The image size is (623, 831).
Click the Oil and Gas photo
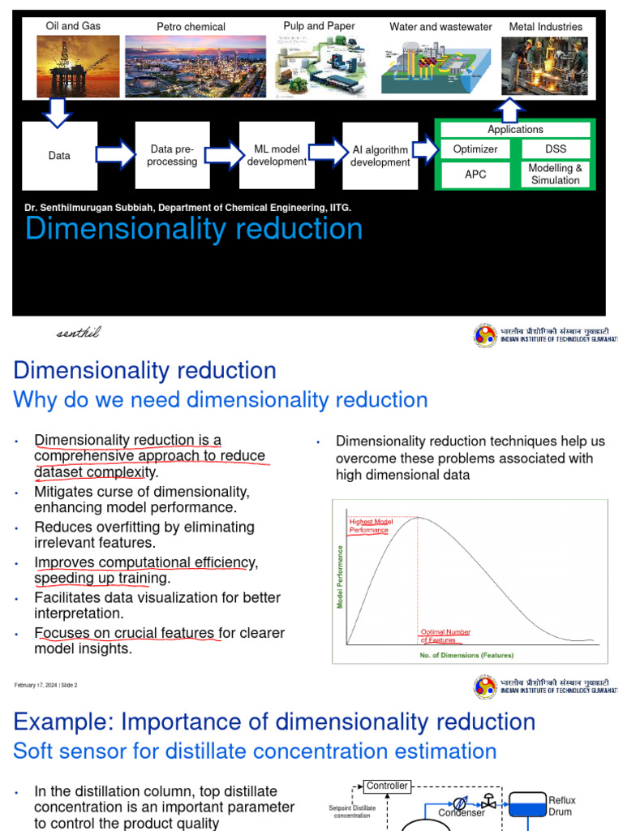click(73, 65)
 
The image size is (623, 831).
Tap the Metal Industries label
click(545, 27)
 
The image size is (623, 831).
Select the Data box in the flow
click(59, 156)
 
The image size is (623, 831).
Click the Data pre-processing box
click(173, 156)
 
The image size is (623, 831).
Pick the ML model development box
click(277, 156)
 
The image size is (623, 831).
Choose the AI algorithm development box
click(380, 156)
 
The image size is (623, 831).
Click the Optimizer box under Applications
click(475, 149)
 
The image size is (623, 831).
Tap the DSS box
click(556, 149)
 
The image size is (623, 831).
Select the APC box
click(475, 174)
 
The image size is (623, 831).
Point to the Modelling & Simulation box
click(556, 174)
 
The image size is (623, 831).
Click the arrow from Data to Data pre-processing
click(116, 154)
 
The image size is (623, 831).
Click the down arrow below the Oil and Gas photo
click(57, 113)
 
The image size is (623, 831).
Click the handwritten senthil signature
click(79, 333)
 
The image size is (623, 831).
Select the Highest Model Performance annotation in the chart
click(369, 526)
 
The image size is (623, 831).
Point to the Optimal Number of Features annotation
click(445, 636)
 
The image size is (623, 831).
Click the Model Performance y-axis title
click(340, 576)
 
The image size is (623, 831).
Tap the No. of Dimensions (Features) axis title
click(466, 655)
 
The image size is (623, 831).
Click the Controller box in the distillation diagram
click(387, 786)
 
